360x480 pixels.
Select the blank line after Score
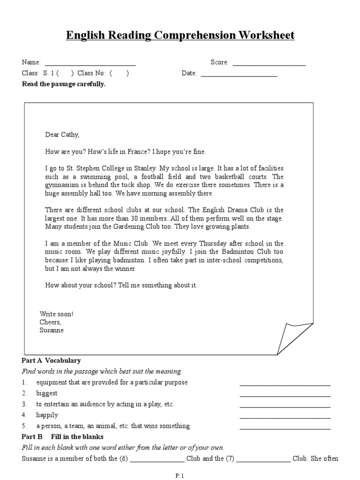tap(269, 64)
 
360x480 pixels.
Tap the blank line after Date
tap(239, 75)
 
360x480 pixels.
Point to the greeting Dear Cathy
tap(62, 135)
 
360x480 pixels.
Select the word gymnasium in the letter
tap(62, 185)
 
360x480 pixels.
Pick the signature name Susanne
tap(52, 330)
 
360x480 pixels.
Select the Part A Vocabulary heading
tap(51, 360)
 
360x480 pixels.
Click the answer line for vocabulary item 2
tap(285, 396)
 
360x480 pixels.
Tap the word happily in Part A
tap(47, 415)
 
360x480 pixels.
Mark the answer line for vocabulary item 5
tap(285, 428)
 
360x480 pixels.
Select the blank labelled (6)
tap(157, 461)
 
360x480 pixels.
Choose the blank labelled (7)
tap(263, 461)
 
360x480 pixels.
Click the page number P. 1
tap(180, 476)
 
